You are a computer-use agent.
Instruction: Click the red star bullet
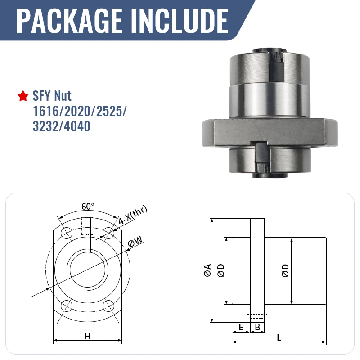[23, 96]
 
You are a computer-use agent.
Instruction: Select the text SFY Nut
[52, 96]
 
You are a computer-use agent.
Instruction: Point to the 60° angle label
[88, 207]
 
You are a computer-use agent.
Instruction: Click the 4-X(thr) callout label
[133, 215]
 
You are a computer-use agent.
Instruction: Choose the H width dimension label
[87, 336]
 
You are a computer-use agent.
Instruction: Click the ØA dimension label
[207, 270]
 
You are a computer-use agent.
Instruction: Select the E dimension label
[241, 327]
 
